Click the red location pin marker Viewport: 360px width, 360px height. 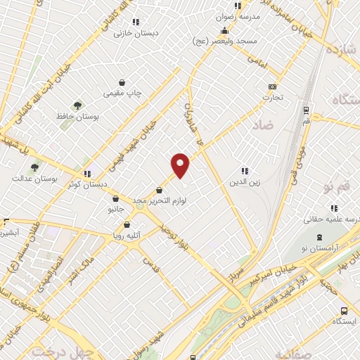181,165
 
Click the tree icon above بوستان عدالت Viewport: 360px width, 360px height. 34,167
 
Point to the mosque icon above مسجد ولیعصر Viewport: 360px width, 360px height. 224,30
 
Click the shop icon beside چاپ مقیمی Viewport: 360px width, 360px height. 122,82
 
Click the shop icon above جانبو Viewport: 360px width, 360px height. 115,198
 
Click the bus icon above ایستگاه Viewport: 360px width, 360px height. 343,311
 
